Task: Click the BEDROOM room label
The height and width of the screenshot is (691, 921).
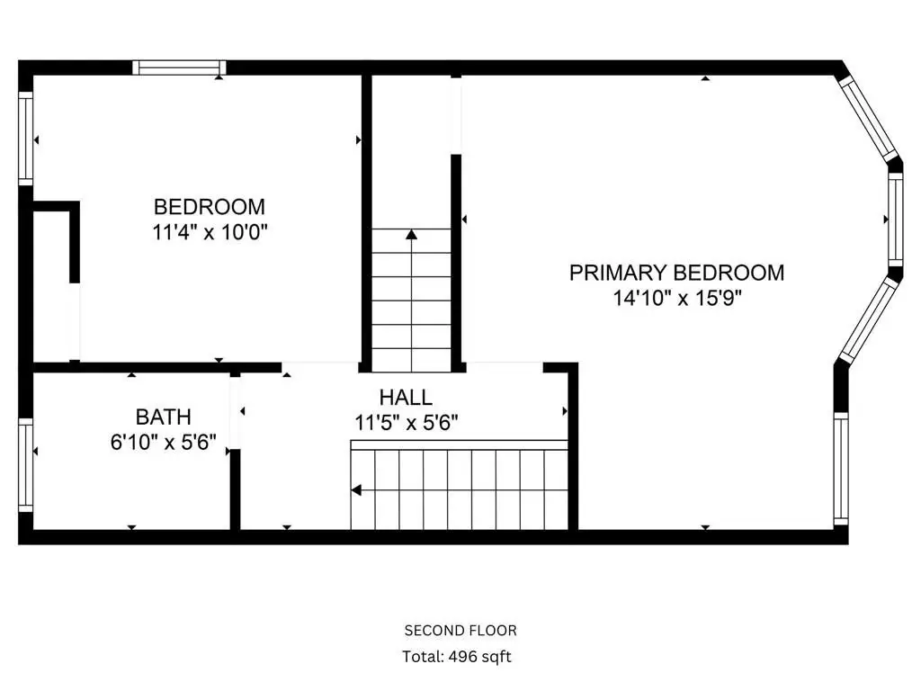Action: click(209, 207)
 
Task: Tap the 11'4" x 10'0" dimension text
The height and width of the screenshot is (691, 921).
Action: click(210, 233)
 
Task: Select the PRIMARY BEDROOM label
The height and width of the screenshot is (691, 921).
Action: click(676, 273)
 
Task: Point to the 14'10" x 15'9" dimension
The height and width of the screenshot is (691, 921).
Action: click(677, 299)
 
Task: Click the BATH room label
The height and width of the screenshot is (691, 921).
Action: click(164, 417)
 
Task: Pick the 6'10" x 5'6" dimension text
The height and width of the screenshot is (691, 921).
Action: click(164, 442)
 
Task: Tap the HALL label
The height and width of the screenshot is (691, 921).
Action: click(406, 398)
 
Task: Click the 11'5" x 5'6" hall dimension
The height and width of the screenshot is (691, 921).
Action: click(406, 423)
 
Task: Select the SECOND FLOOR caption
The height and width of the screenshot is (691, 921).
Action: click(460, 631)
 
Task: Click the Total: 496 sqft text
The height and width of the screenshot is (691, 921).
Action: click(456, 656)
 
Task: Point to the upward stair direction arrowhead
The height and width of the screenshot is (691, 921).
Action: click(412, 235)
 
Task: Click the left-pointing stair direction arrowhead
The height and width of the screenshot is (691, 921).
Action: click(356, 490)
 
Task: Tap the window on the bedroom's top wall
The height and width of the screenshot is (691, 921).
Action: click(179, 67)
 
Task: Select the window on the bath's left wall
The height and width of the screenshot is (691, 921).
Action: click(26, 465)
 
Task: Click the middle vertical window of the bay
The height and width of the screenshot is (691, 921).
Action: click(895, 220)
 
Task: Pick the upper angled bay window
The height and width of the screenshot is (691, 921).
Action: click(870, 120)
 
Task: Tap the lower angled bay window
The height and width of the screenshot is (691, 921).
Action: click(870, 319)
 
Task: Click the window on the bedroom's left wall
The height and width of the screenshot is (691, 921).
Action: click(26, 139)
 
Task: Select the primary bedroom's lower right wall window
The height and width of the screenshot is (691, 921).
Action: click(841, 468)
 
